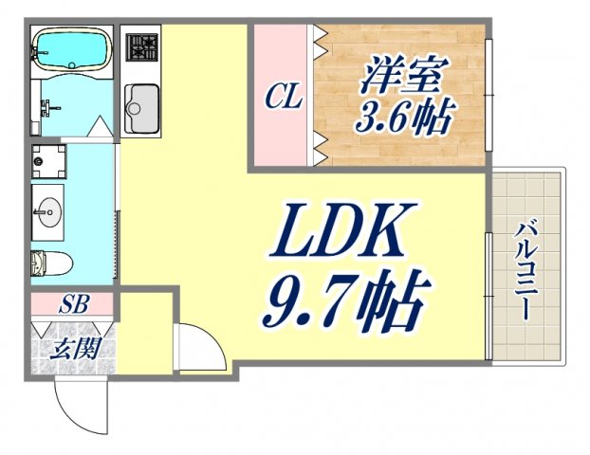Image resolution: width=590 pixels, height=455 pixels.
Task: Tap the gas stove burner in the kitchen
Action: click(142, 47)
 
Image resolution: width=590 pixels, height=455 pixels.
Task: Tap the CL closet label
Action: click(283, 97)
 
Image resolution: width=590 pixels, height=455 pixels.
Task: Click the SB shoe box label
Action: click(70, 305)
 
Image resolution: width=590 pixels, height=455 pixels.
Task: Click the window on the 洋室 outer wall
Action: click(489, 95)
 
